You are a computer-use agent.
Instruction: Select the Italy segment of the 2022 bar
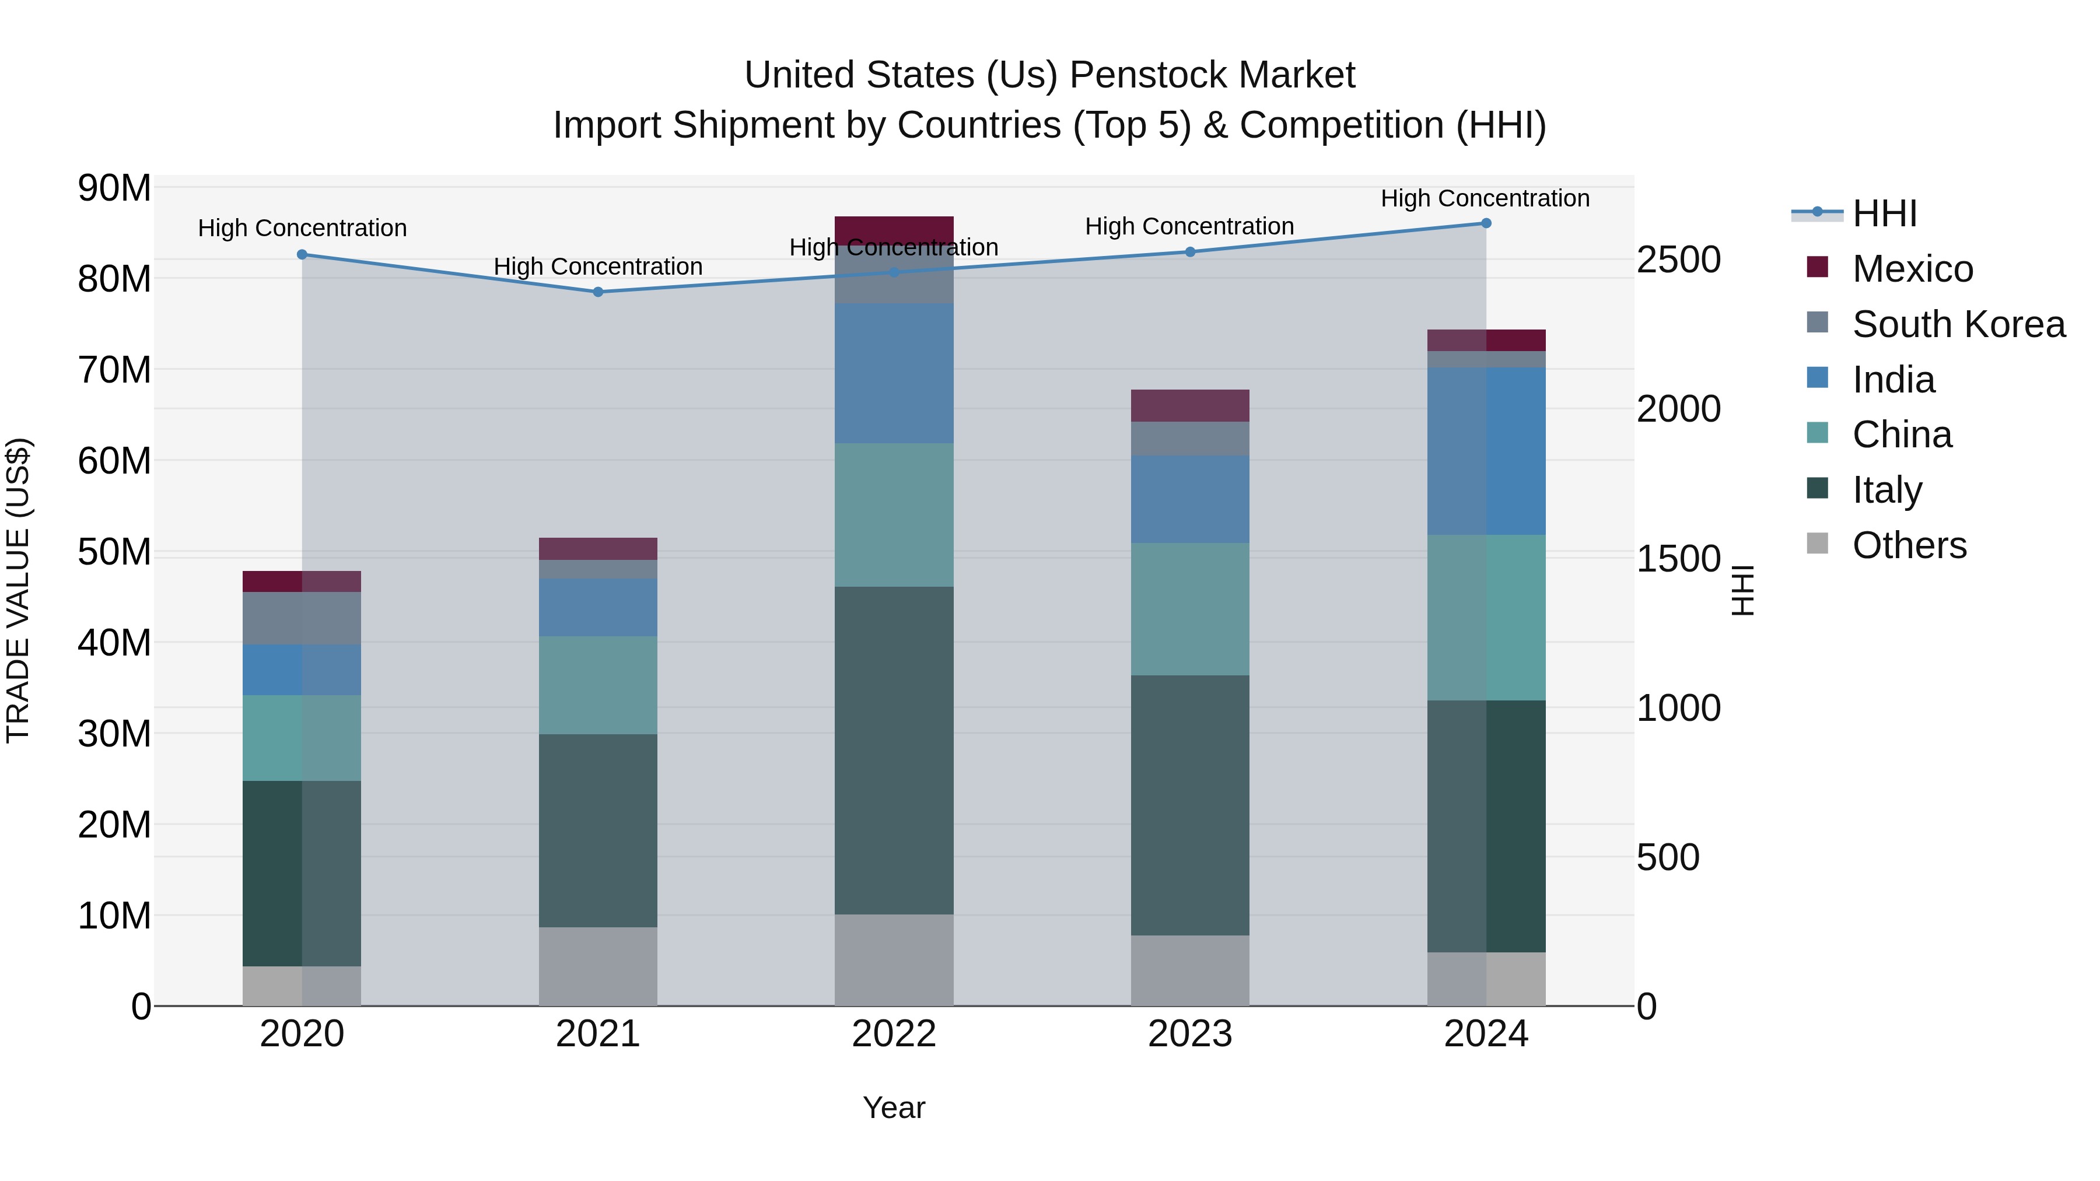tap(894, 750)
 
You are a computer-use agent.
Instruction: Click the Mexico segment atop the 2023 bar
tap(1189, 405)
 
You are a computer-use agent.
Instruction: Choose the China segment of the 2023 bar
tap(1189, 609)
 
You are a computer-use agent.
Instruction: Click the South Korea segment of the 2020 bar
tap(302, 618)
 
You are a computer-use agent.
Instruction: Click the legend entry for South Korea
tap(1958, 324)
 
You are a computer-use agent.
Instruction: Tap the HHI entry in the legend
tap(1884, 213)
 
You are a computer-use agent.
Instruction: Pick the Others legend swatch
tap(1817, 544)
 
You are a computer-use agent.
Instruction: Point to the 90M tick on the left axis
tap(114, 188)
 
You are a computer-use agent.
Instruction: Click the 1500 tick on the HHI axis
tap(1678, 559)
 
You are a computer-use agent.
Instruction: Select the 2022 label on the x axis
tap(894, 1034)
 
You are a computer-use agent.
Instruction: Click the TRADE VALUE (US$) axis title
tap(18, 590)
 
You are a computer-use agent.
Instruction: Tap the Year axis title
tap(894, 1108)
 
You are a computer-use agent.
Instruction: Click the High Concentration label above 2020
tap(302, 228)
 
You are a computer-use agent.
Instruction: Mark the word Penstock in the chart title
tap(1161, 75)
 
